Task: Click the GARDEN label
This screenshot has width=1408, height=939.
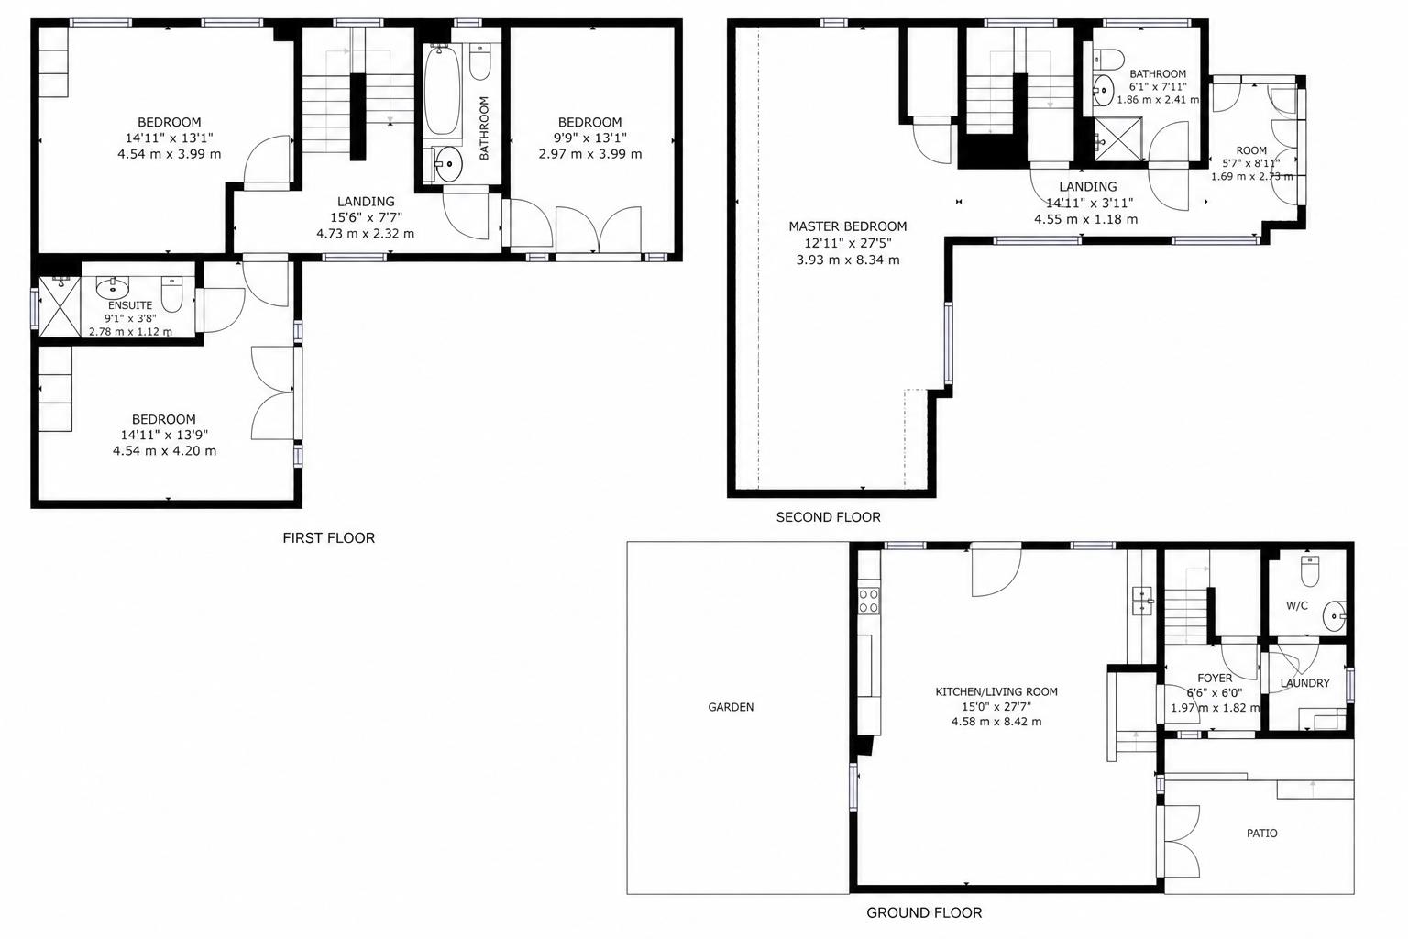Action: (731, 707)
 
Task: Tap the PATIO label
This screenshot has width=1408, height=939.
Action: (1261, 834)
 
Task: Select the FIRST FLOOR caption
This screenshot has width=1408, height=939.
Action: (329, 537)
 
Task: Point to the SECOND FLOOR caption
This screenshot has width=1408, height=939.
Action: (828, 517)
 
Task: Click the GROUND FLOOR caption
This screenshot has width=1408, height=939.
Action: (924, 912)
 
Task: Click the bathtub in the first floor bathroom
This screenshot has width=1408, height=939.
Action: (442, 90)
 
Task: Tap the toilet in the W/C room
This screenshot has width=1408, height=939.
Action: (1310, 571)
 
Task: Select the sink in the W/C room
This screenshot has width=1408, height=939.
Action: (1334, 617)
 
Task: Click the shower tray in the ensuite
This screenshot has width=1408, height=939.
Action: (60, 307)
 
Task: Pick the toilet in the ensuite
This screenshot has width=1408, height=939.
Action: (171, 293)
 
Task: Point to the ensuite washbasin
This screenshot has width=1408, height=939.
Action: (113, 288)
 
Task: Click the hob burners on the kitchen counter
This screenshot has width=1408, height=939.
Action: (869, 600)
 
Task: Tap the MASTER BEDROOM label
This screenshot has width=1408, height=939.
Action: (848, 226)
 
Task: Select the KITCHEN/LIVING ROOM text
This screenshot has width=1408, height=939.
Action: (996, 691)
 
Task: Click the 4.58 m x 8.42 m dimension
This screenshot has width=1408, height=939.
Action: (996, 722)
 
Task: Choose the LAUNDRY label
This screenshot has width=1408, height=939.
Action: (1305, 683)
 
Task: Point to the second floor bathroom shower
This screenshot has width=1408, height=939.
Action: (1117, 139)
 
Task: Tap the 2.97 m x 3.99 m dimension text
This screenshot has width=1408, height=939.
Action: (590, 154)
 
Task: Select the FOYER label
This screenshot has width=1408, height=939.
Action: (1215, 678)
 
